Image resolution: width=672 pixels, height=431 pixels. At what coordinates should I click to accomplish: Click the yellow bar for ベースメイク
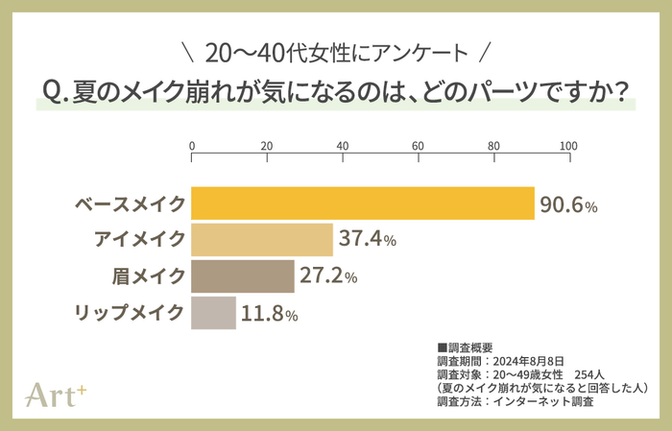click(363, 204)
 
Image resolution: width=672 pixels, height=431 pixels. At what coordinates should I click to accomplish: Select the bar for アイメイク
click(262, 240)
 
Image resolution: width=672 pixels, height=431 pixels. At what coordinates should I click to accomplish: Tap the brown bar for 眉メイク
click(243, 276)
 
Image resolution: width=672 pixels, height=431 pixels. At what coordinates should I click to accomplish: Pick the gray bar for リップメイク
click(214, 313)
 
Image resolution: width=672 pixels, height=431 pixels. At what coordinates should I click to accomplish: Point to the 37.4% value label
click(368, 241)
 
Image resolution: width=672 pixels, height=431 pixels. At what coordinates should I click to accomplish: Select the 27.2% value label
click(329, 276)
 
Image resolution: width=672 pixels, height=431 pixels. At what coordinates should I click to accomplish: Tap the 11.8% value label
click(270, 314)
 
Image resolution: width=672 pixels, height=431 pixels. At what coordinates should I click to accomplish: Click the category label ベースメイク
click(131, 204)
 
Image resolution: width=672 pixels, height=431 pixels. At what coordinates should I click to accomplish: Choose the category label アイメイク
click(140, 240)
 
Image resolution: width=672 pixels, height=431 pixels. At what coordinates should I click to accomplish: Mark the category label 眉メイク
click(149, 276)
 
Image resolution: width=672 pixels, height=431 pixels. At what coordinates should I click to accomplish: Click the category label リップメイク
click(131, 313)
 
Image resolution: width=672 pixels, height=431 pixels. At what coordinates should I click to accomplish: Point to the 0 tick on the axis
click(193, 145)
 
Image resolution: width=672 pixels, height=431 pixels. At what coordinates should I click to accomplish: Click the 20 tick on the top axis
click(268, 145)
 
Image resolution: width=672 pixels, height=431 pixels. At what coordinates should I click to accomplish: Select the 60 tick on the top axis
click(419, 145)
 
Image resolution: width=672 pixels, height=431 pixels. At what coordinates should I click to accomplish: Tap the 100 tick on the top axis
click(568, 145)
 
